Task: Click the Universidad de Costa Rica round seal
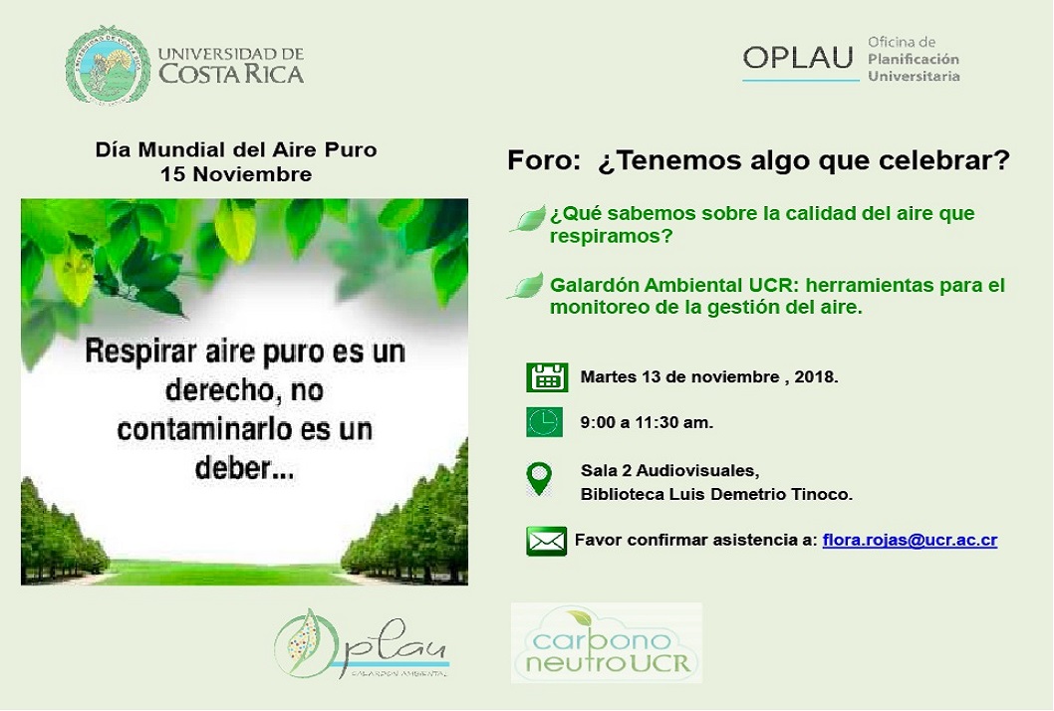click(109, 66)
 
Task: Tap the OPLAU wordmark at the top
click(798, 58)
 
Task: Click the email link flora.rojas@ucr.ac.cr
click(910, 540)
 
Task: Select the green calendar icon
click(547, 377)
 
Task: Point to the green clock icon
click(545, 422)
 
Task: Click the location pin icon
click(540, 478)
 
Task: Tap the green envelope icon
click(547, 541)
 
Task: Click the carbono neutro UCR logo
click(607, 642)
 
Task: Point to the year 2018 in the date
click(816, 377)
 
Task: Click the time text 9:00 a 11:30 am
click(647, 422)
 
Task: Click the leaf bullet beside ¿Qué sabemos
click(529, 219)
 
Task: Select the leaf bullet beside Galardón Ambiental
click(526, 286)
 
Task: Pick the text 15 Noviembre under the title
click(236, 174)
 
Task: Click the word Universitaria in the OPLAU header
click(915, 76)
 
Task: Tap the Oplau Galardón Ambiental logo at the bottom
click(362, 644)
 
